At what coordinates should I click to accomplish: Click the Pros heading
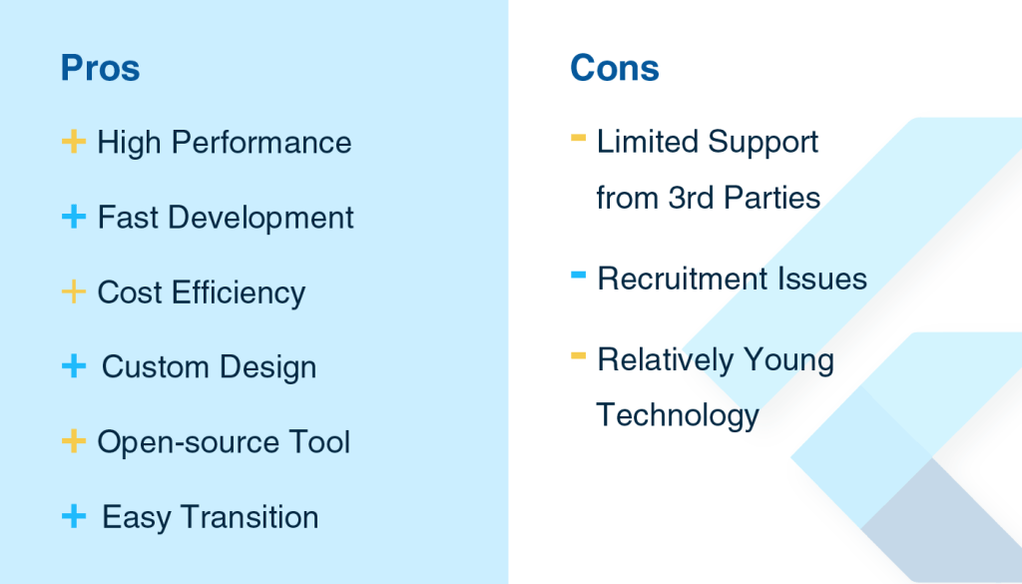click(x=100, y=68)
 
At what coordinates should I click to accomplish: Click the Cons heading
click(x=615, y=68)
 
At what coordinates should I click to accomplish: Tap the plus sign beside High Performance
click(x=74, y=142)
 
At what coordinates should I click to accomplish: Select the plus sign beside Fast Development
click(x=74, y=217)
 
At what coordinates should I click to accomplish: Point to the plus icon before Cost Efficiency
click(x=74, y=292)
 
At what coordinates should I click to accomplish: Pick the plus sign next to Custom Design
click(x=74, y=366)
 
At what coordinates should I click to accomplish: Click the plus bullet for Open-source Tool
click(x=74, y=441)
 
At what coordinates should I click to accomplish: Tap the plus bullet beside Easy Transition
click(x=74, y=516)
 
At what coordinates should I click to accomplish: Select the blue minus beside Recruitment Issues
click(x=578, y=275)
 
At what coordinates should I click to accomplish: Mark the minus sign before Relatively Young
click(x=578, y=355)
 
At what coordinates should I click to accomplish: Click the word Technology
click(x=678, y=415)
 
